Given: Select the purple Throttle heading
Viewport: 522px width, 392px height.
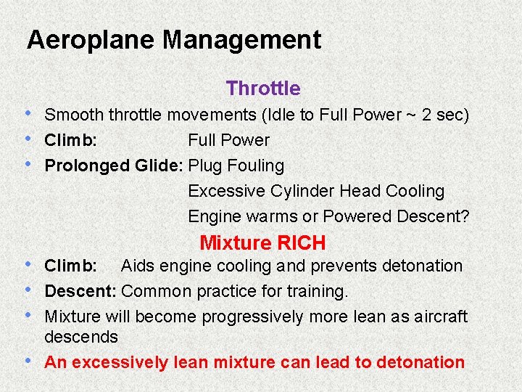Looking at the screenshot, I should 262,89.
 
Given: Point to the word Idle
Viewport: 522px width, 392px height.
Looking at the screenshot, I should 282,115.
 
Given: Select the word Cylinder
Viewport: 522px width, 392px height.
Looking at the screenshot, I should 302,191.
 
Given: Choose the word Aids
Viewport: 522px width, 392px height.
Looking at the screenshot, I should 137,266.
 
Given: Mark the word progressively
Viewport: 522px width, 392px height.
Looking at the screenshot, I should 254,317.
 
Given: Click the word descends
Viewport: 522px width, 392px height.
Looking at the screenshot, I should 80,337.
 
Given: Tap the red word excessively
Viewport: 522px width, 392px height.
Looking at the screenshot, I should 120,362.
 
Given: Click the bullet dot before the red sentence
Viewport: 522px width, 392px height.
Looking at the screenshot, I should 27,360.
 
